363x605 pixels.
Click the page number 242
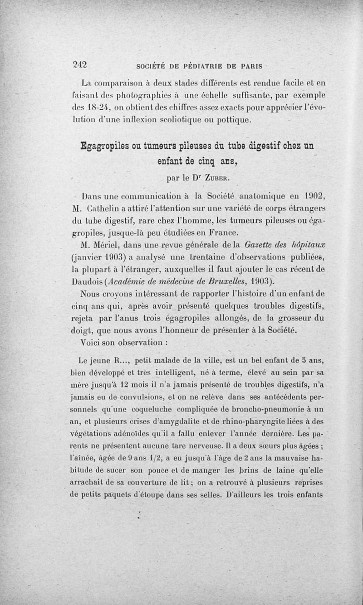pyautogui.click(x=80, y=64)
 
